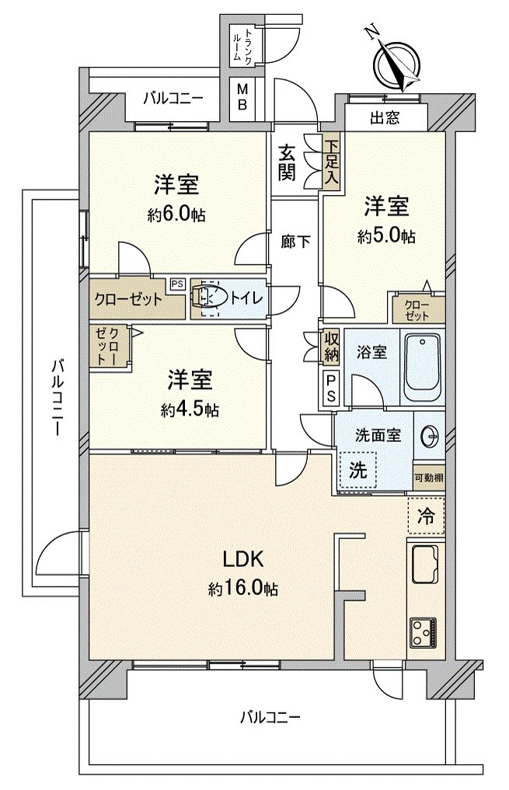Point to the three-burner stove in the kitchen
pyautogui.click(x=424, y=632)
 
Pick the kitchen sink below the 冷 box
pyautogui.click(x=425, y=565)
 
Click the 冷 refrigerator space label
pyautogui.click(x=426, y=516)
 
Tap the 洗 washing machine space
pyautogui.click(x=358, y=471)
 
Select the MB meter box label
pyautogui.click(x=242, y=97)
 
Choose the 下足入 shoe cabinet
pyautogui.click(x=331, y=162)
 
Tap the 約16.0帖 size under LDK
pyautogui.click(x=243, y=588)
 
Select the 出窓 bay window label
pyautogui.click(x=385, y=118)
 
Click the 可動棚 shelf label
pyautogui.click(x=429, y=477)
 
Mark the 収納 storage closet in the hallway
pyautogui.click(x=330, y=346)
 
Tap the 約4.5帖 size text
pyautogui.click(x=190, y=409)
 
